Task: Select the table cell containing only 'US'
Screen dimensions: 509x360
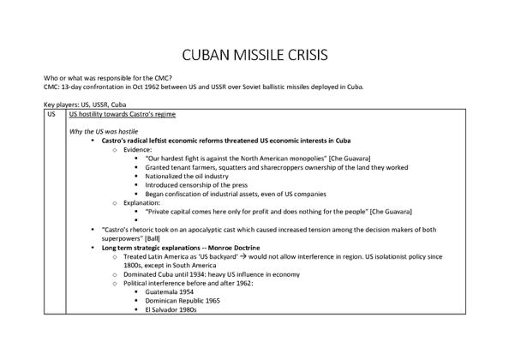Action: pyautogui.click(x=51, y=113)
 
